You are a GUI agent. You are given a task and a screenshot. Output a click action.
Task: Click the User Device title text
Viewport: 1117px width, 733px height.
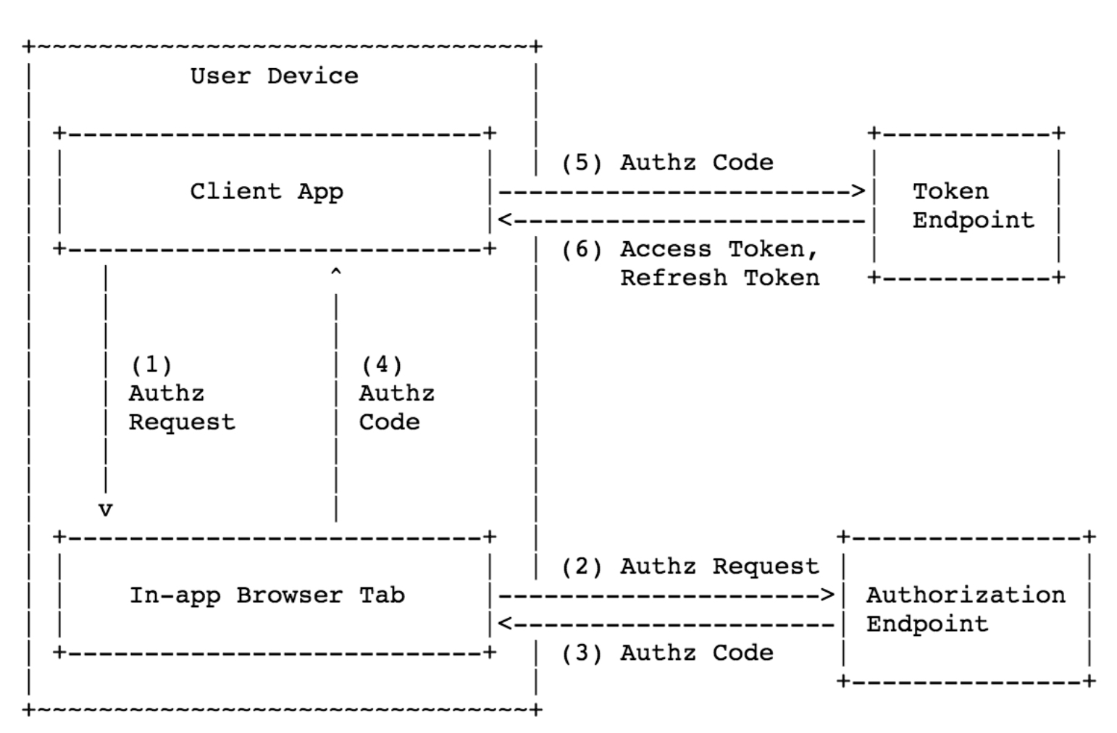(x=274, y=76)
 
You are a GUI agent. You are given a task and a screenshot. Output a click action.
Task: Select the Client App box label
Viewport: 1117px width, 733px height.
(x=267, y=192)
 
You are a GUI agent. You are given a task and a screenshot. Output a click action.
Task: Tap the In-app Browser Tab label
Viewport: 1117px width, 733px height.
(x=267, y=595)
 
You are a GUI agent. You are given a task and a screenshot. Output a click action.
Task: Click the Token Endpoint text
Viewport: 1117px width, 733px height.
(x=972, y=206)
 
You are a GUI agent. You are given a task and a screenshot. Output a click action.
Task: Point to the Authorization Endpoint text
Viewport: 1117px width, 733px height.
(x=965, y=609)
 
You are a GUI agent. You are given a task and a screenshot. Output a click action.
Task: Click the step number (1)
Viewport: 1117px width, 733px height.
(x=151, y=364)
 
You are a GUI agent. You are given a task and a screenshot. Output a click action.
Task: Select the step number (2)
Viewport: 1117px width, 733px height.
(x=582, y=566)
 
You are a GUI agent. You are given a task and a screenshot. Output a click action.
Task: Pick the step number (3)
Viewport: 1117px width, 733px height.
(x=582, y=653)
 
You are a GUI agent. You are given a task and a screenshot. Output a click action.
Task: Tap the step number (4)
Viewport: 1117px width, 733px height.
(x=381, y=364)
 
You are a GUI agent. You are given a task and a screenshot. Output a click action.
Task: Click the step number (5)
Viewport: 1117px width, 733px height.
(x=582, y=163)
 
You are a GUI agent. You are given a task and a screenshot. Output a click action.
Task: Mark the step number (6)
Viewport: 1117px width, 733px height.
(x=582, y=250)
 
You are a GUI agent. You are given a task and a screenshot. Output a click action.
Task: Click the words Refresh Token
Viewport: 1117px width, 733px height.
(x=719, y=278)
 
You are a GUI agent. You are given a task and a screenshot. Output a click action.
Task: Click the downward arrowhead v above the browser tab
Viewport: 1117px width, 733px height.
(x=106, y=510)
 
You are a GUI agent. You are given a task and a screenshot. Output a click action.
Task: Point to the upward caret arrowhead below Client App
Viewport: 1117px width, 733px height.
(x=335, y=272)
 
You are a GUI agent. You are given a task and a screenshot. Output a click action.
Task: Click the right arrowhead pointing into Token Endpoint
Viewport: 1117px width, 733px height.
(x=858, y=192)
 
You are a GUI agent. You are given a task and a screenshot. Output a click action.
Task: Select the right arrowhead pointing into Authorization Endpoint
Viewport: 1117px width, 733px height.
(x=827, y=595)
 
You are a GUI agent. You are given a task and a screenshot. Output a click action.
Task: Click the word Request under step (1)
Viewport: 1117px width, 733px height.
(x=182, y=422)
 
